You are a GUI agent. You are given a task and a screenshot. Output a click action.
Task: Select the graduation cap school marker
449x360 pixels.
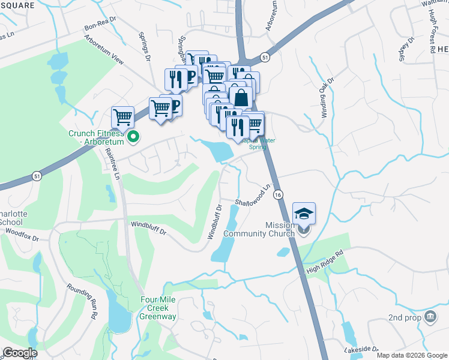pyautogui.click(x=304, y=213)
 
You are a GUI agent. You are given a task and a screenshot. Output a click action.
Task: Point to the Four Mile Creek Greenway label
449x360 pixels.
pyautogui.click(x=158, y=308)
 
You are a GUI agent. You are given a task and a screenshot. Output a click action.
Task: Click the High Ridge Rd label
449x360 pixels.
pyautogui.click(x=328, y=262)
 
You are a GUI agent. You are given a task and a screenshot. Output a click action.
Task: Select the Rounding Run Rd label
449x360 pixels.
pyautogui.click(x=82, y=299)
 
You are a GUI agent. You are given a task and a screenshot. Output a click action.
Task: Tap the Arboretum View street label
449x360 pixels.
pyautogui.click(x=104, y=52)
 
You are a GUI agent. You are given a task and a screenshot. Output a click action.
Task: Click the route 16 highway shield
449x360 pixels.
pyautogui.click(x=277, y=195)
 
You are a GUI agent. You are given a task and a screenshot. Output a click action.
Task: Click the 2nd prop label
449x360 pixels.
pyautogui.click(x=404, y=317)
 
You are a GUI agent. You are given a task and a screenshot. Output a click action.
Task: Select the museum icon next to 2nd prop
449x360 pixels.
pyautogui.click(x=430, y=316)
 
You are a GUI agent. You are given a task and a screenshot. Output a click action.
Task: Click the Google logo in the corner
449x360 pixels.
pyautogui.click(x=20, y=353)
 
